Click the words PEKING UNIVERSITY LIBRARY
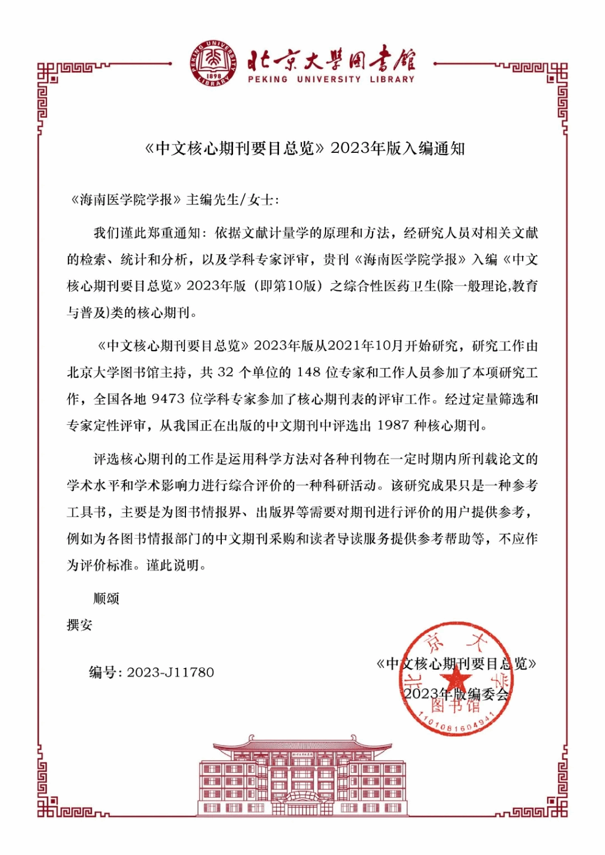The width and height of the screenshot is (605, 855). tap(331, 80)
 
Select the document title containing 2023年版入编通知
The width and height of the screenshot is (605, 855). tap(305, 148)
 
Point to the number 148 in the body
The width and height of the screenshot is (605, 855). tap(309, 372)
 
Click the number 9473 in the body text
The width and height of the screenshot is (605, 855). tap(168, 399)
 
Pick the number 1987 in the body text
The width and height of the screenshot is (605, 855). tap(393, 426)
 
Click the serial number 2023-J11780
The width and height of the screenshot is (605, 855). tap(170, 672)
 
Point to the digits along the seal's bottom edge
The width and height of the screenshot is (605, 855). tap(457, 722)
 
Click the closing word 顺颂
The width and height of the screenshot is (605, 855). tap(106, 599)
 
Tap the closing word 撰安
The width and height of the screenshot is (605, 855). tap(80, 625)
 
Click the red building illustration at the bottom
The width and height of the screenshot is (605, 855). tap(302, 775)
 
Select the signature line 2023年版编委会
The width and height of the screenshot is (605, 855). tap(456, 694)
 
